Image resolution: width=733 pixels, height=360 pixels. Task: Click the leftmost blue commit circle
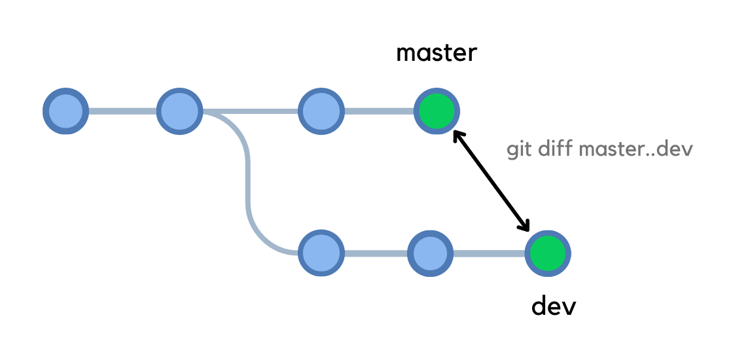(65, 111)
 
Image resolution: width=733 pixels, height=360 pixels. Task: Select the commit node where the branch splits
(179, 111)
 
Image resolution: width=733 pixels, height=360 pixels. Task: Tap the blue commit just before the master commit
(321, 111)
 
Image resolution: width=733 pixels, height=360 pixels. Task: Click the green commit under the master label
(437, 111)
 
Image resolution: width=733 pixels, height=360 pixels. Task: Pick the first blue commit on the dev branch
(321, 253)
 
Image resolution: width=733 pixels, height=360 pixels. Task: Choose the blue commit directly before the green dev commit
(430, 253)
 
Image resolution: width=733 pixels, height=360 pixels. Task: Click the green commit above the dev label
(548, 253)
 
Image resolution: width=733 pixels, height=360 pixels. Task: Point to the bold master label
(437, 52)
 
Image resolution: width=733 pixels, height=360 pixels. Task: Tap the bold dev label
(553, 305)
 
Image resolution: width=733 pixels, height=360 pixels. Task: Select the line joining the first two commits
(122, 111)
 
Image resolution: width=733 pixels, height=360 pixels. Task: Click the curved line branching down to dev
(248, 183)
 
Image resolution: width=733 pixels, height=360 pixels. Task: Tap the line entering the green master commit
(379, 111)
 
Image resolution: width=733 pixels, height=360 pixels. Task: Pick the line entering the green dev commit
(489, 253)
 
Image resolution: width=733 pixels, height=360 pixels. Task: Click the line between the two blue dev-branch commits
(375, 253)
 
